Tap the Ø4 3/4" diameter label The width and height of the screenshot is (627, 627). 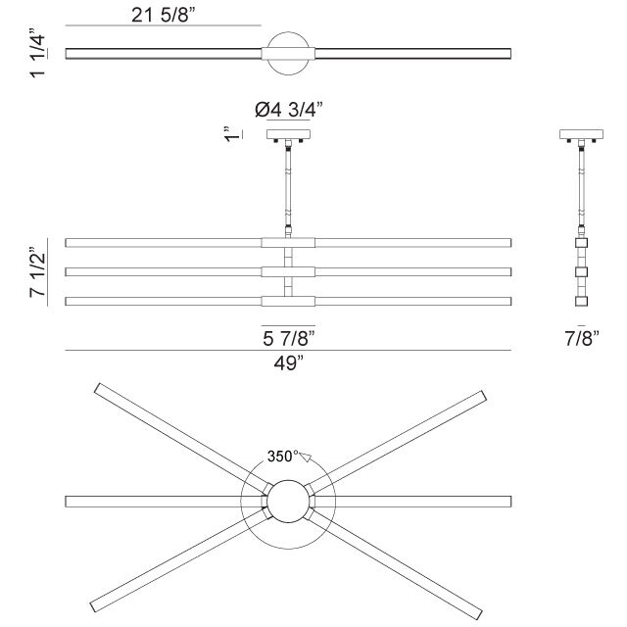click(288, 110)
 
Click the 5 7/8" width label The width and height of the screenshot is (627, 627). click(288, 338)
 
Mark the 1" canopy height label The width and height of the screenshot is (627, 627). click(227, 134)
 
